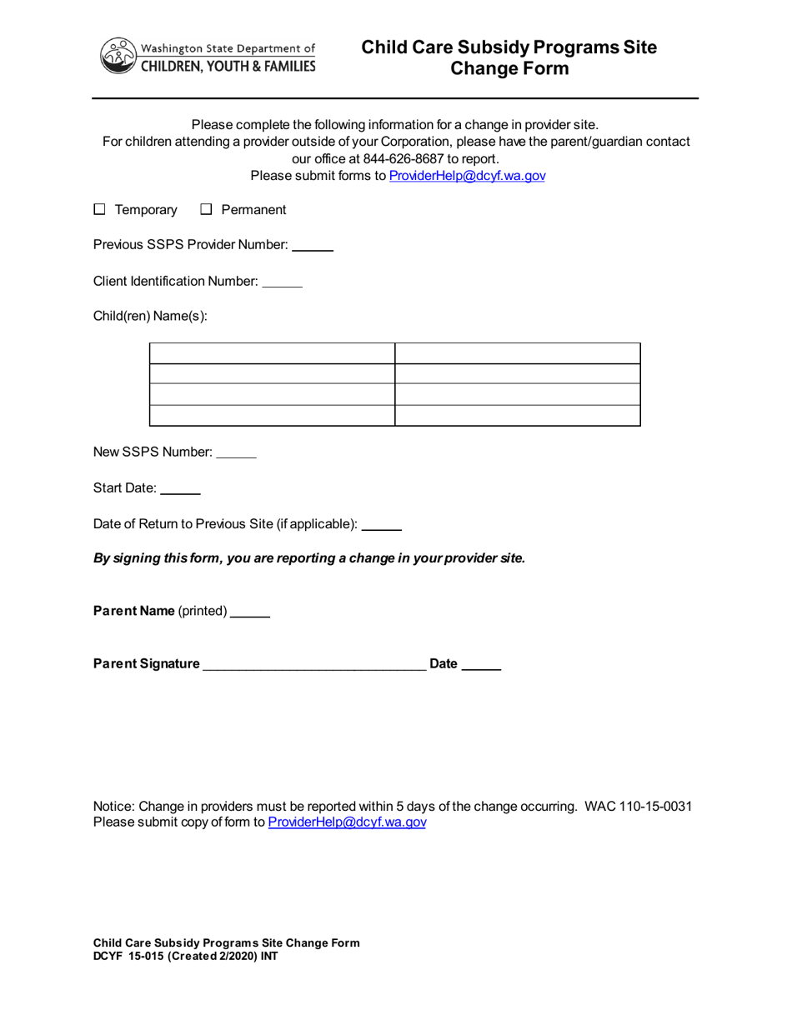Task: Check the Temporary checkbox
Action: (x=99, y=210)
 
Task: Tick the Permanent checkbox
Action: (x=207, y=210)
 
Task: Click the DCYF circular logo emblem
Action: (x=118, y=56)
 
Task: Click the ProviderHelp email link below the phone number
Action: (x=467, y=176)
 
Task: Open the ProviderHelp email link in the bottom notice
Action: (x=347, y=822)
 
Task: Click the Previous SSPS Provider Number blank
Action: (x=313, y=247)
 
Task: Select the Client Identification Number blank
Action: (x=282, y=283)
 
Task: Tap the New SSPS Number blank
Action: (x=236, y=453)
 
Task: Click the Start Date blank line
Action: (x=180, y=490)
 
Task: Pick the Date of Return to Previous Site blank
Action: (x=383, y=526)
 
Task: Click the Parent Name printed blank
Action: (x=250, y=612)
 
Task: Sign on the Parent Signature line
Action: (x=314, y=665)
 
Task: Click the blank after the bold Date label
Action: (x=481, y=665)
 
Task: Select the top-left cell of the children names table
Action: (x=272, y=353)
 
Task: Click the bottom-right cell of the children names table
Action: (x=517, y=416)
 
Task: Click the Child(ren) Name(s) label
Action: (x=150, y=317)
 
